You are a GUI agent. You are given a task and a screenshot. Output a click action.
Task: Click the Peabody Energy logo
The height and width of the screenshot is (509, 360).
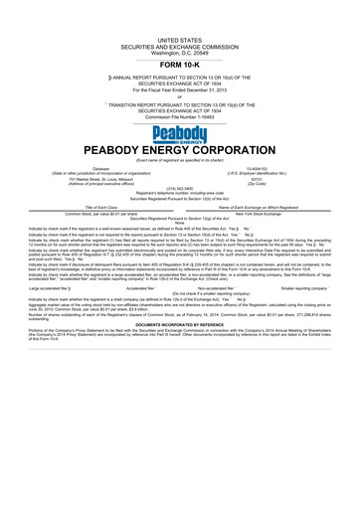[179, 135]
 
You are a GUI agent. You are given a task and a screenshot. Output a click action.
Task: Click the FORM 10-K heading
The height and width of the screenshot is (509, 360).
[179, 64]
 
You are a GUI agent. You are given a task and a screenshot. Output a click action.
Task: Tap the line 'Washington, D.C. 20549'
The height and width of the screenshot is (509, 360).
[179, 49]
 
